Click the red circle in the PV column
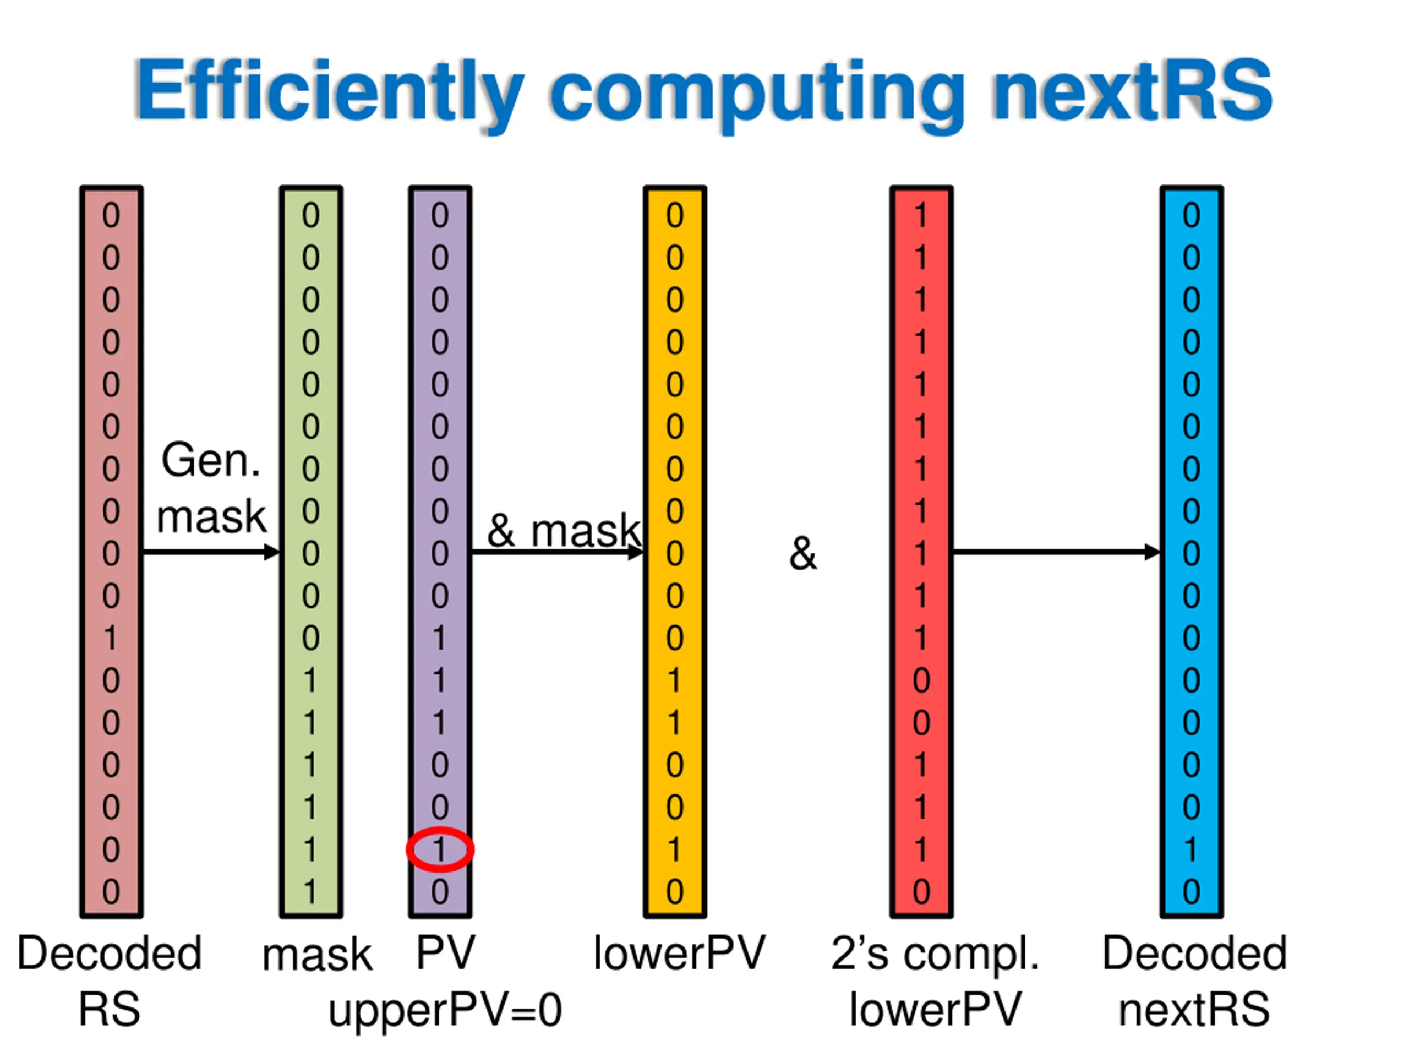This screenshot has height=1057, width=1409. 440,849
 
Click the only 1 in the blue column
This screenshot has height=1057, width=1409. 1190,849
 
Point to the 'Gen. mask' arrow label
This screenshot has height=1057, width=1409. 211,487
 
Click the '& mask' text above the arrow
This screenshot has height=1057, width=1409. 563,530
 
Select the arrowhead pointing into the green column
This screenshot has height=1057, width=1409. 272,552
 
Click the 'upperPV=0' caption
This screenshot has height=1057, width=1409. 445,1011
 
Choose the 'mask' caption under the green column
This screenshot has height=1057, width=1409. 316,956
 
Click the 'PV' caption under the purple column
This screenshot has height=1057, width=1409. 445,954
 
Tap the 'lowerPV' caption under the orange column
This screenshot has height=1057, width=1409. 679,954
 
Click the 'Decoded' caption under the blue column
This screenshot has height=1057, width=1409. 1194,954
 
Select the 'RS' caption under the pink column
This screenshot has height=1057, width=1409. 109,1010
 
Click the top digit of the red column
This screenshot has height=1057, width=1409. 920,216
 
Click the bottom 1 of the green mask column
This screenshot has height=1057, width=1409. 310,891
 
